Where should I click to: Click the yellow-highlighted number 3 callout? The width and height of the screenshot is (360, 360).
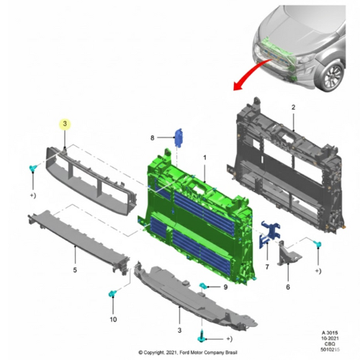click(x=65, y=124)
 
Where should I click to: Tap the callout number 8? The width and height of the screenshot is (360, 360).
click(x=152, y=138)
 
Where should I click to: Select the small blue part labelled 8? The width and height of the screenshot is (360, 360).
click(x=179, y=138)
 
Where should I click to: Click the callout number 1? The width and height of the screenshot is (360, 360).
click(x=204, y=158)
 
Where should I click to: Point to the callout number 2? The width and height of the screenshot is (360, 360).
click(x=293, y=107)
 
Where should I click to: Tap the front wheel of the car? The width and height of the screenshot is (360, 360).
click(x=333, y=76)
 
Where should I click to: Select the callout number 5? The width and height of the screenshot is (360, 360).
click(x=75, y=270)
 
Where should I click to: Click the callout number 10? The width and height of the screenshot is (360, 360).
click(x=113, y=320)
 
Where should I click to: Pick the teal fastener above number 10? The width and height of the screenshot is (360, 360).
click(x=112, y=293)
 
